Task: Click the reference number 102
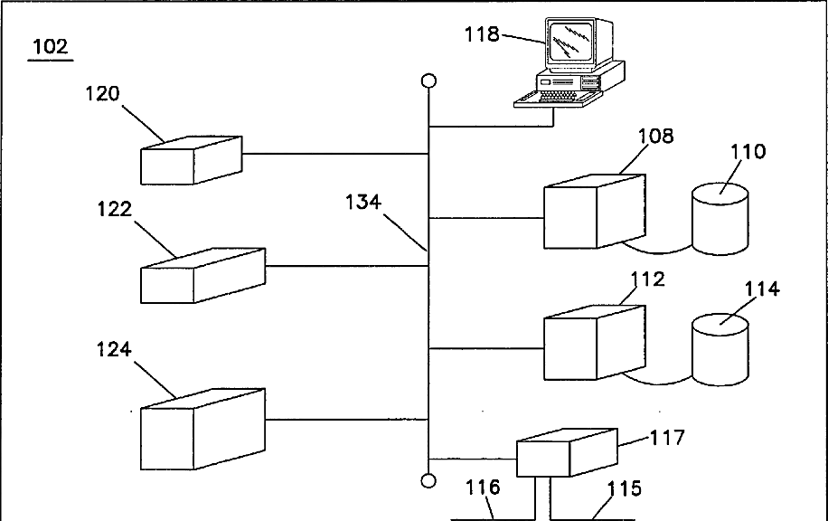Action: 50,46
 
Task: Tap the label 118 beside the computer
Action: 482,34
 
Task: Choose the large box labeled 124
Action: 202,429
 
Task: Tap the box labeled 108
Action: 593,212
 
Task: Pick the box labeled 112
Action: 593,344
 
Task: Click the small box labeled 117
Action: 566,451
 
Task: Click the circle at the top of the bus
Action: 429,81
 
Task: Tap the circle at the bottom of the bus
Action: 429,480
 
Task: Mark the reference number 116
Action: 483,488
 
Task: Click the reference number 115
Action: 624,488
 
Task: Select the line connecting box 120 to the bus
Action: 334,154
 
